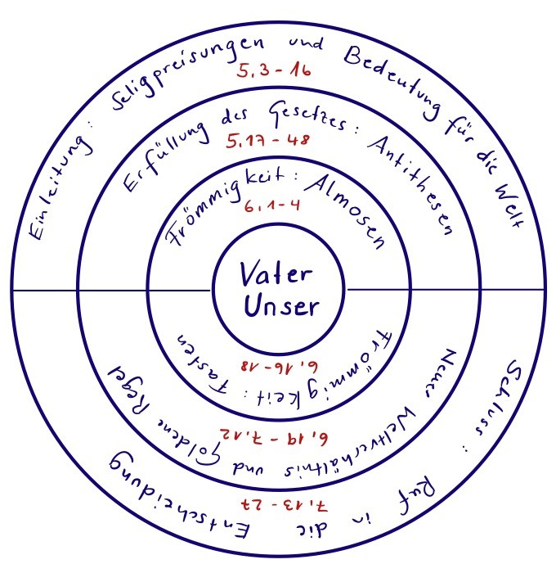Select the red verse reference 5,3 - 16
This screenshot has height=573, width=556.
pos(271,71)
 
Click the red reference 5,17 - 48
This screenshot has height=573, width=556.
pos(267,139)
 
